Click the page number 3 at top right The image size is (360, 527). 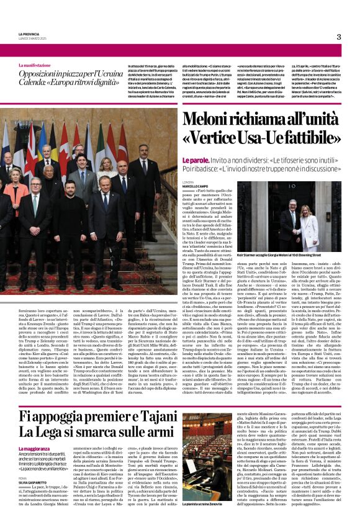pyautogui.click(x=339, y=37)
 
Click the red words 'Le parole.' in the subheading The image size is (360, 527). pyautogui.click(x=194, y=160)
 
